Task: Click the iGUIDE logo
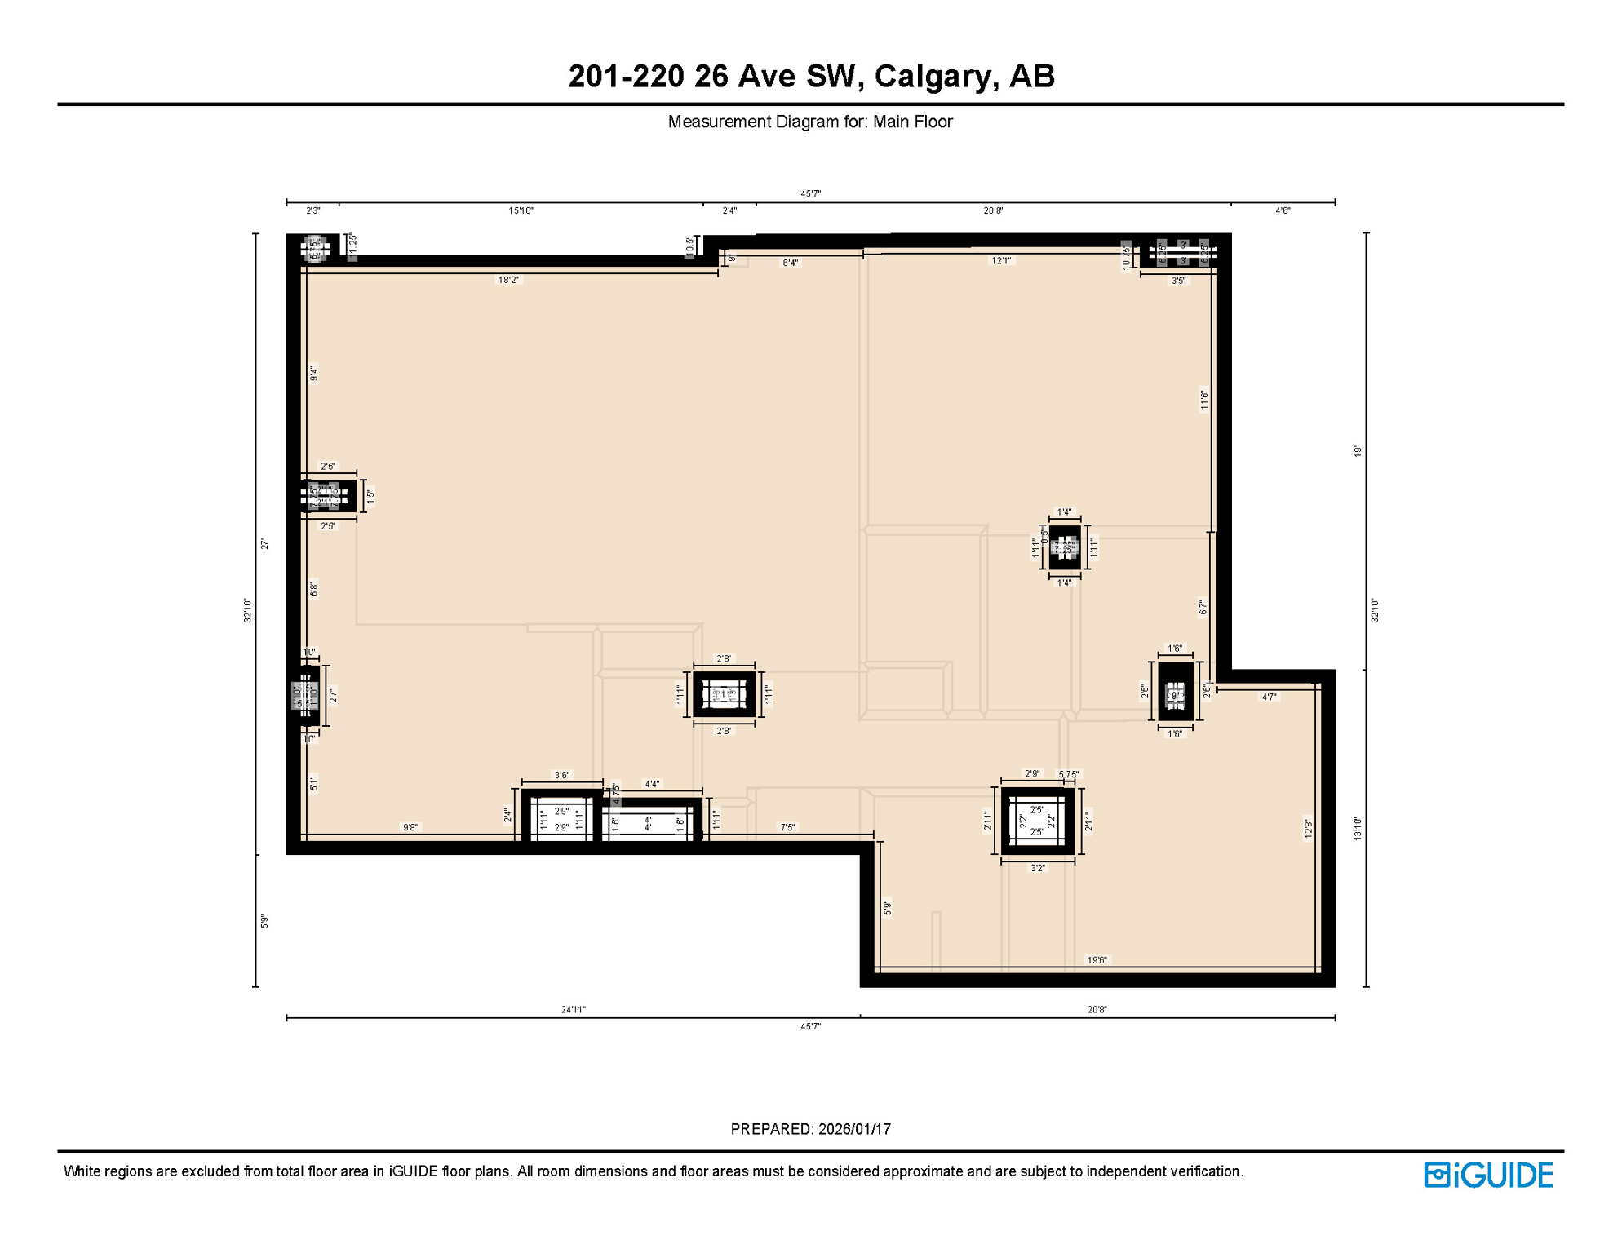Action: (x=1487, y=1175)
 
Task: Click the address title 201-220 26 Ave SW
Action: (x=810, y=76)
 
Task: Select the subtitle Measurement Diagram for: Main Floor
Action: (x=809, y=122)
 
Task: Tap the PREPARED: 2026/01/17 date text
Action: (x=810, y=1129)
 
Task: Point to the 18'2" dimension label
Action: (x=507, y=280)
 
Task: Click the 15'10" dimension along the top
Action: (x=521, y=210)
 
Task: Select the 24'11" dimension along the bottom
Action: (x=573, y=1009)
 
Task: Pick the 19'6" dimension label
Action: (x=1097, y=960)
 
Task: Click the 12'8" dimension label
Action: (x=1308, y=829)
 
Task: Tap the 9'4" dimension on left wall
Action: (x=313, y=374)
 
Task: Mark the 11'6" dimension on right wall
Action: (x=1203, y=399)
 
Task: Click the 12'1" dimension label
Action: (x=1001, y=261)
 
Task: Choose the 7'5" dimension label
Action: (x=787, y=827)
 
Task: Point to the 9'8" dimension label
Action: (x=410, y=827)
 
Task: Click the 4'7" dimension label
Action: (x=1270, y=697)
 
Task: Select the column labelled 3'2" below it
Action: (x=1037, y=821)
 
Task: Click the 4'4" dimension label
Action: (x=652, y=784)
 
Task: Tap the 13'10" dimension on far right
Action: (x=1358, y=828)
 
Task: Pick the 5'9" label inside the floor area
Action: (x=887, y=907)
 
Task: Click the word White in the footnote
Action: (x=83, y=1171)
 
